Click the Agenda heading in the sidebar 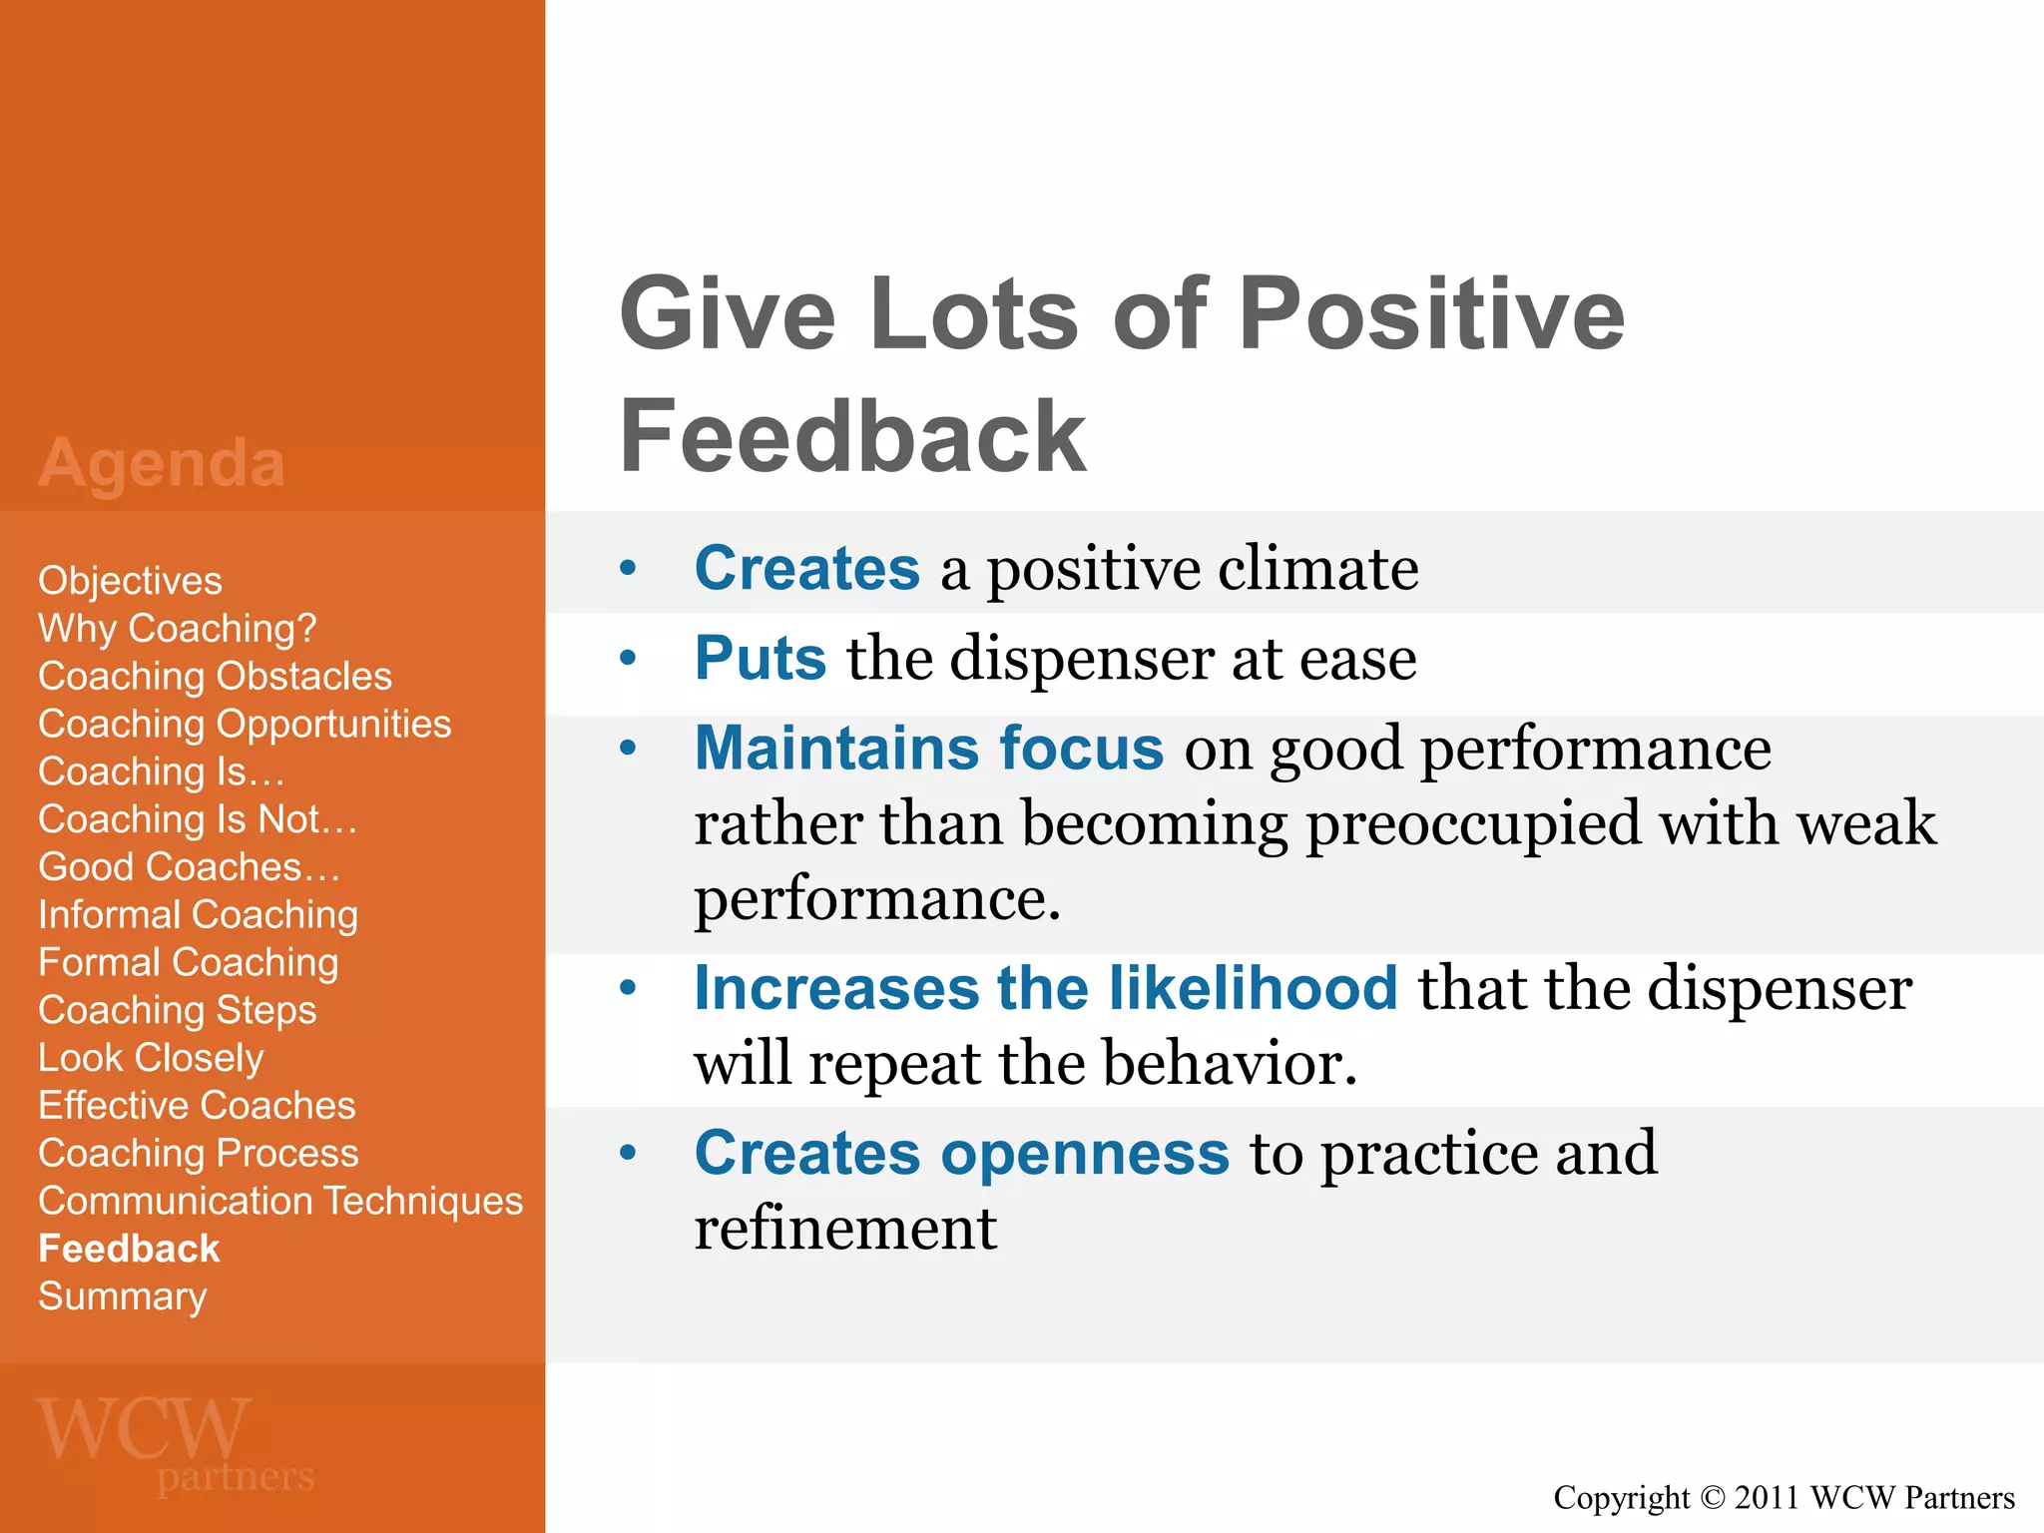162,464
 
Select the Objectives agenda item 130,581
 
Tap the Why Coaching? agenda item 177,629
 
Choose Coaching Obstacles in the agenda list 215,677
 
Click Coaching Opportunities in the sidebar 245,725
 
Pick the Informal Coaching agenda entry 198,915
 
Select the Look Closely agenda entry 151,1058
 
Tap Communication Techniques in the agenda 280,1202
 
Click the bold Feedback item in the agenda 129,1250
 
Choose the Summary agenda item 122,1296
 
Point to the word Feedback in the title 852,436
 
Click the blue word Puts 761,659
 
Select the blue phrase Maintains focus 929,749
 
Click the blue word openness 1085,1154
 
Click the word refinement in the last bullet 845,1229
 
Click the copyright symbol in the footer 1712,1498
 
